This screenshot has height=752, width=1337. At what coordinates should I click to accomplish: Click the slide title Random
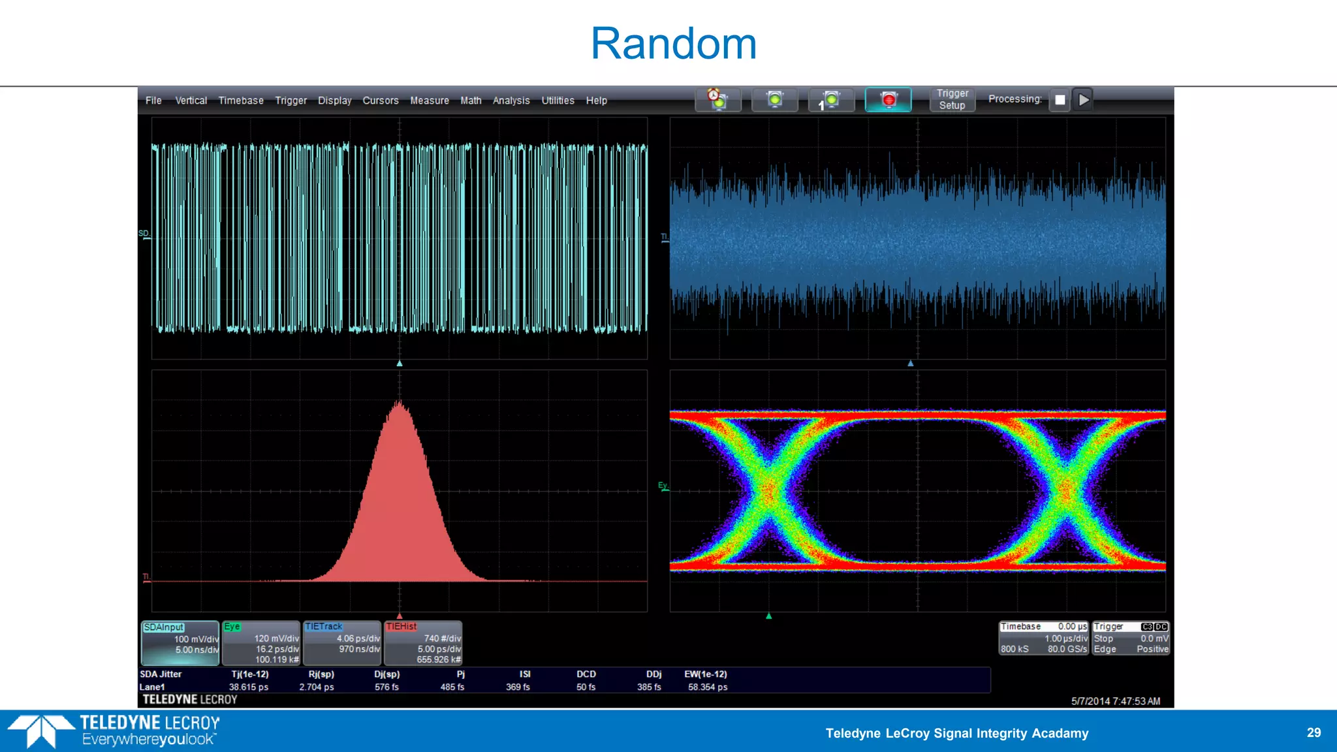[673, 44]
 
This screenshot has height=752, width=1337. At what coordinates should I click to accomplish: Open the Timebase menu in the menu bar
[240, 101]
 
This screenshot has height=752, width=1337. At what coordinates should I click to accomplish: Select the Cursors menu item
[380, 101]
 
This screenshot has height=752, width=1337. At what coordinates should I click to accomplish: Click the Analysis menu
[511, 101]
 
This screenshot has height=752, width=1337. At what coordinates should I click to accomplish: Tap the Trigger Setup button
[952, 99]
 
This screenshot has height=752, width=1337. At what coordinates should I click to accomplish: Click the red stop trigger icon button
[888, 100]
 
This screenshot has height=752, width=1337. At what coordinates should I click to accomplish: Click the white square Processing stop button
[1060, 100]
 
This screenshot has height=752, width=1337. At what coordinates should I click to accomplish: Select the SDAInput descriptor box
[180, 642]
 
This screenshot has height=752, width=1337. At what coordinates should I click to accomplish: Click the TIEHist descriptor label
[401, 626]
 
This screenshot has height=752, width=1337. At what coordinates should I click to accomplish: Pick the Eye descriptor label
[232, 626]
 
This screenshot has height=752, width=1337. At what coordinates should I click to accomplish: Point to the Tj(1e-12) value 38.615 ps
[248, 687]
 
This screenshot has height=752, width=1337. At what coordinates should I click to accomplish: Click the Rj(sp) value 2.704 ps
[316, 687]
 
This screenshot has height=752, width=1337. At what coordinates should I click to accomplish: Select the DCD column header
[586, 674]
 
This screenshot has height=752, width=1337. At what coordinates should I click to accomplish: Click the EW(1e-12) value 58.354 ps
[707, 687]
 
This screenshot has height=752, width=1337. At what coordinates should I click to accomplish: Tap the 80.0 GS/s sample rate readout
[1067, 649]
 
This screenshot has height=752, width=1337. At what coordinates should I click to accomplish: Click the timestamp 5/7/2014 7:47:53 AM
[1115, 701]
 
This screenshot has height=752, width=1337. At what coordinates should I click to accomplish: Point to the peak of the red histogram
[400, 403]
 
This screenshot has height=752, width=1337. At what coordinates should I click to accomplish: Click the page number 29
[1313, 732]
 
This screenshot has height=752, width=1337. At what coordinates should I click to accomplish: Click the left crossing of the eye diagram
[769, 488]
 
